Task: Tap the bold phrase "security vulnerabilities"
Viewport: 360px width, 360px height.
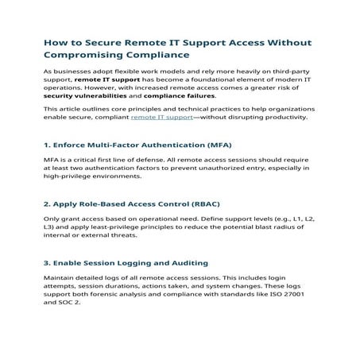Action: pyautogui.click(x=82, y=95)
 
